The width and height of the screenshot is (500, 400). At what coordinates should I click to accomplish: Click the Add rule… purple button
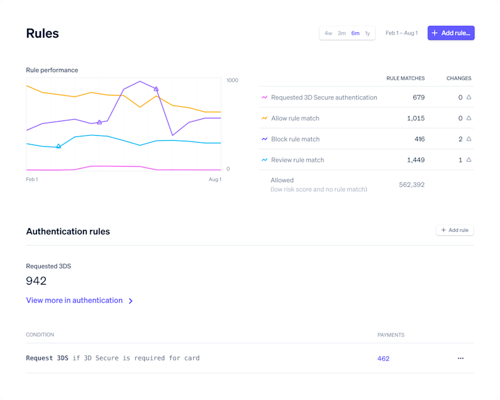(x=451, y=33)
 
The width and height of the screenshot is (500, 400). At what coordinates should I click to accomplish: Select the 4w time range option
(x=328, y=33)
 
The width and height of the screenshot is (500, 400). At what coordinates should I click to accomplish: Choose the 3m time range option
(x=341, y=33)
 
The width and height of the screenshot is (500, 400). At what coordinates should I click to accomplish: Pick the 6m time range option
(x=355, y=33)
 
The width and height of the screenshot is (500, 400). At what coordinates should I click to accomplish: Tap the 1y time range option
(x=367, y=33)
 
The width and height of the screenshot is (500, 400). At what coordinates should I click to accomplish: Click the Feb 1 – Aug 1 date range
(x=401, y=33)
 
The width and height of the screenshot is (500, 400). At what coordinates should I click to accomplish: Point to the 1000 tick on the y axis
(x=232, y=80)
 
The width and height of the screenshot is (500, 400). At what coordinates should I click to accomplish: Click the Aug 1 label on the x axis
(x=215, y=180)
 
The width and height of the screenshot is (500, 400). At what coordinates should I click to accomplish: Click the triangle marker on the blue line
(x=59, y=146)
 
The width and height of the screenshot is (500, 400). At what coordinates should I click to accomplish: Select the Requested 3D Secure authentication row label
(x=323, y=98)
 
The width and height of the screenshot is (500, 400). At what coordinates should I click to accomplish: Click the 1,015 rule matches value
(x=415, y=119)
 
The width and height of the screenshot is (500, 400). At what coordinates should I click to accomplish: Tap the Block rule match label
(x=295, y=140)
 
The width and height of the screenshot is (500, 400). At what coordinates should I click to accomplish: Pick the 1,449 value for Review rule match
(x=415, y=160)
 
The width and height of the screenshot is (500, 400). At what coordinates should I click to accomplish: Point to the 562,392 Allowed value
(x=411, y=185)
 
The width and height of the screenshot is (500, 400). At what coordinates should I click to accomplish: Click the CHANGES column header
(x=459, y=78)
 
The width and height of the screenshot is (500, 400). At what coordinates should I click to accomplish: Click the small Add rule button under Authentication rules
(x=454, y=230)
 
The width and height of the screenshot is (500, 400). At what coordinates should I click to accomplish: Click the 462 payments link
(x=383, y=359)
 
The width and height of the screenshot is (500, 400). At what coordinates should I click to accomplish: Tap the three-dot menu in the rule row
(x=460, y=359)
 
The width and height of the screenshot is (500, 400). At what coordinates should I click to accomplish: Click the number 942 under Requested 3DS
(x=36, y=281)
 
